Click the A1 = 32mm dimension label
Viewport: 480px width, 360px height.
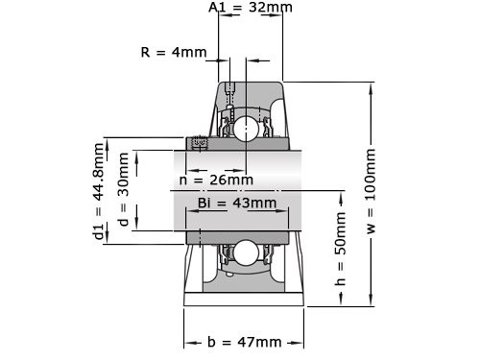pyautogui.click(x=251, y=9)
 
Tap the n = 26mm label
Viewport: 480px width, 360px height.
pyautogui.click(x=217, y=180)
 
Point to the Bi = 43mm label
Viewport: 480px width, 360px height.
pyautogui.click(x=237, y=203)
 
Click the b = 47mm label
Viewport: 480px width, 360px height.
pyautogui.click(x=245, y=342)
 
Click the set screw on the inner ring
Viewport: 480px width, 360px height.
pyautogui.click(x=201, y=144)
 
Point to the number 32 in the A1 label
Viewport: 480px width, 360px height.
pyautogui.click(x=257, y=9)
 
